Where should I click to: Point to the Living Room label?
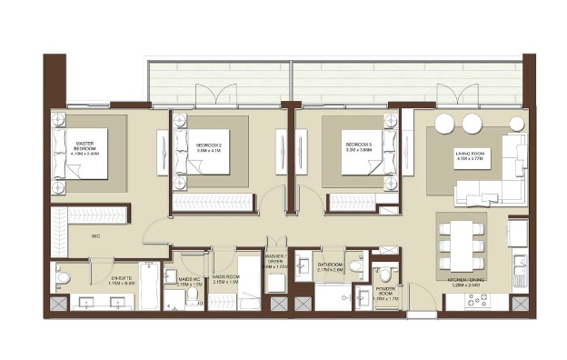[472, 155]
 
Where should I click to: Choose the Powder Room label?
[387, 294]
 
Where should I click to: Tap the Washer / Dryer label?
[276, 265]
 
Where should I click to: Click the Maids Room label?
[224, 280]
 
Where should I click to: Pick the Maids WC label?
[188, 282]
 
